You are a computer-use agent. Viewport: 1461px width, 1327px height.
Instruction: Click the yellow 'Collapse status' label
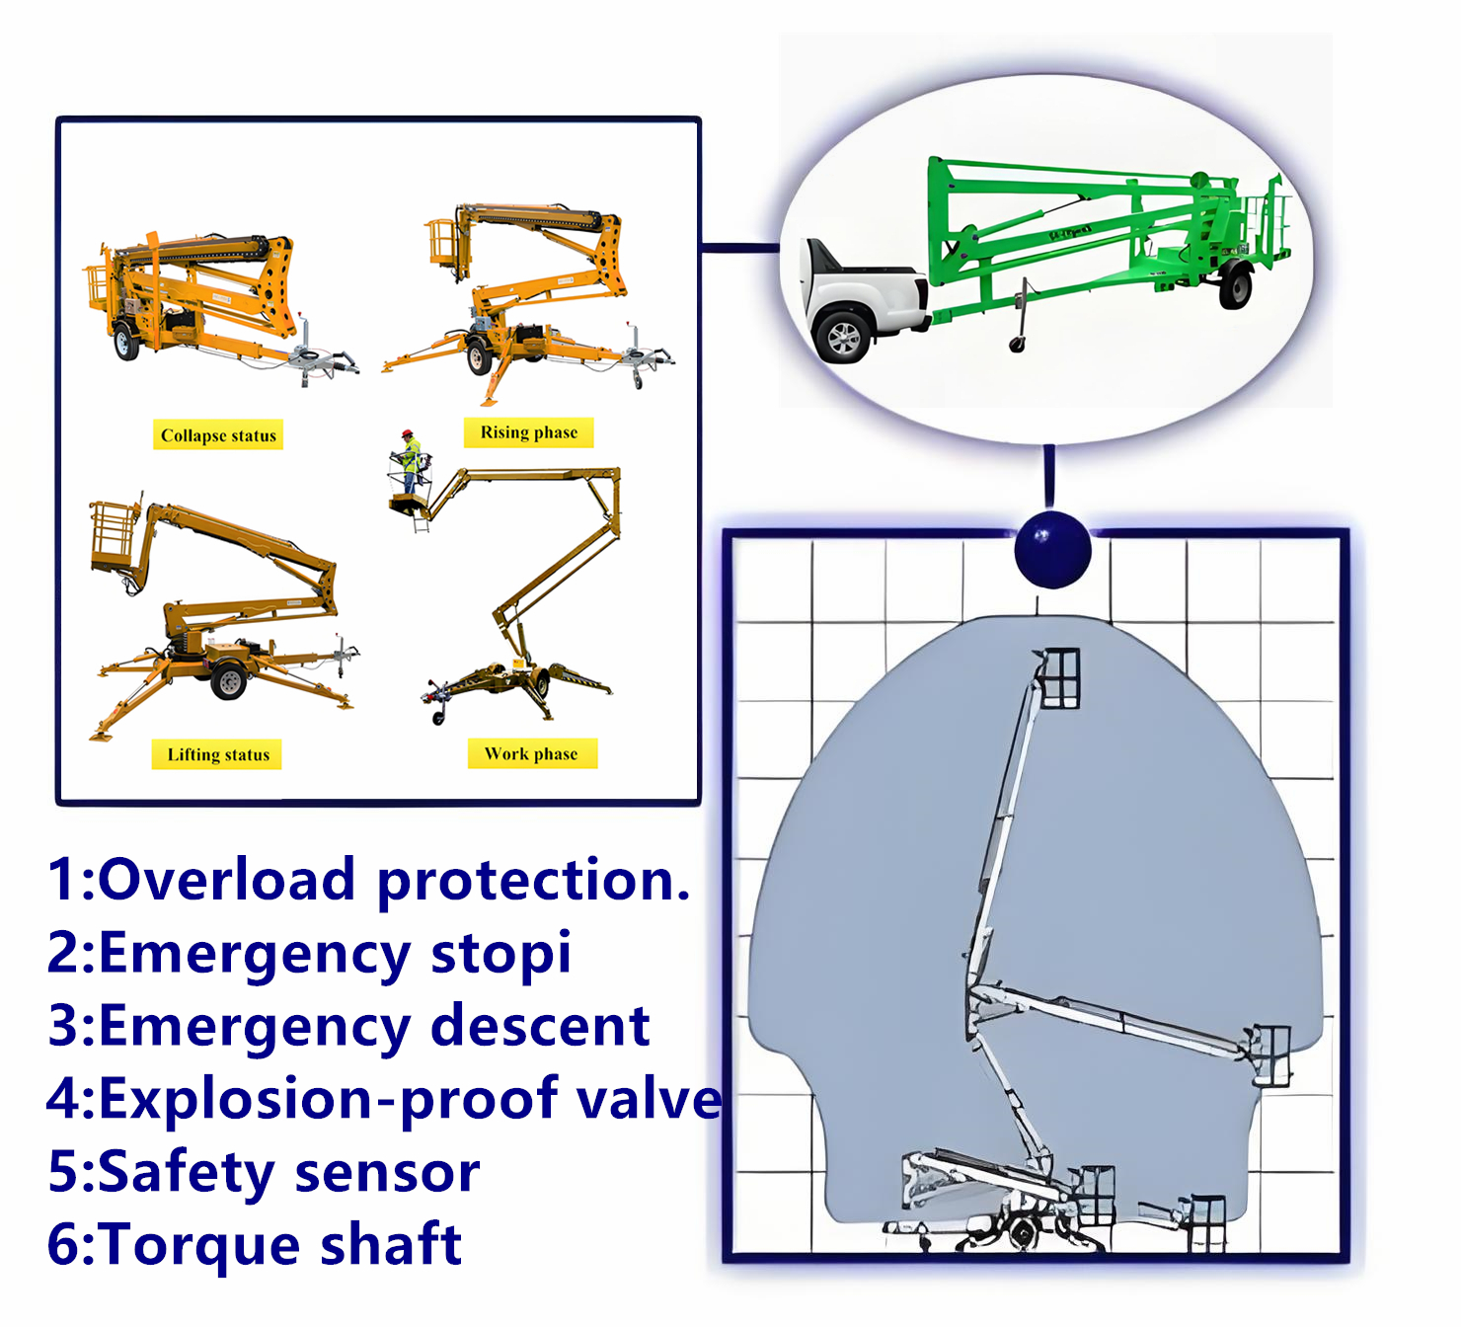(218, 435)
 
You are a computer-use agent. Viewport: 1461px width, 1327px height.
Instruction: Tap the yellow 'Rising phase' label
(529, 432)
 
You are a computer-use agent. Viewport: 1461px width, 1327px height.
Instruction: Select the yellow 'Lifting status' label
(217, 754)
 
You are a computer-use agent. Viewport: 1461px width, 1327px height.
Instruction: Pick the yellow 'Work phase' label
(531, 753)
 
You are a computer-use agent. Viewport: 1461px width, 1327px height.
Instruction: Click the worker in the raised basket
(410, 460)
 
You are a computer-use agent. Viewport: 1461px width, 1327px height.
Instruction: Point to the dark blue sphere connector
(1052, 549)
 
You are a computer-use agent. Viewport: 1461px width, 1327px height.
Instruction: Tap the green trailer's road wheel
(1235, 286)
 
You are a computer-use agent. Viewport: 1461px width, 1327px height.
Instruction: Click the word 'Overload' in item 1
(226, 880)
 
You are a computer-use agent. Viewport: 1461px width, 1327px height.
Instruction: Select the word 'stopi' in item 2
(500, 954)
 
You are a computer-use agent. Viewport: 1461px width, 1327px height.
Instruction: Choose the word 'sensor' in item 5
(387, 1172)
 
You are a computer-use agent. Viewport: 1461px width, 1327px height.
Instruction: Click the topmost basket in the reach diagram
(1058, 678)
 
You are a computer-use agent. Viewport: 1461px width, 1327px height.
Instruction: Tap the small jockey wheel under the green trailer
(1016, 344)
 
